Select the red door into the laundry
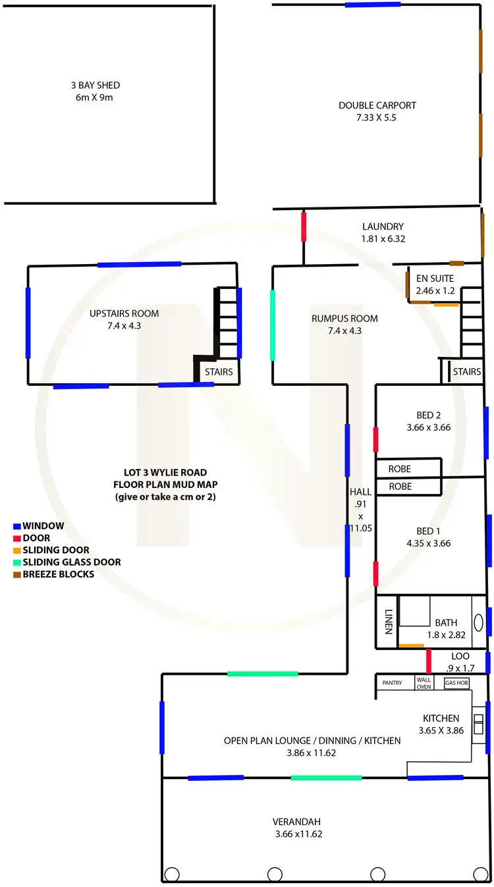(x=304, y=226)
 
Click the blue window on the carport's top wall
(x=373, y=4)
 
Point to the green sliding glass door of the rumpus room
(x=273, y=325)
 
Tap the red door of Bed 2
(x=375, y=439)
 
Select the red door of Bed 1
(x=375, y=574)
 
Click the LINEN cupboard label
(x=388, y=621)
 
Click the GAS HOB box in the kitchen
(x=457, y=683)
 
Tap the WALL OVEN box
(x=424, y=683)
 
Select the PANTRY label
(x=392, y=683)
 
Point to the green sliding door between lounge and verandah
(x=326, y=778)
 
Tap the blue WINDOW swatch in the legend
(x=17, y=526)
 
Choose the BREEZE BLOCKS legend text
(x=58, y=574)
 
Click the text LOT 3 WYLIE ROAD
(x=165, y=472)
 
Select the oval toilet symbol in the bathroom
(x=479, y=622)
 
